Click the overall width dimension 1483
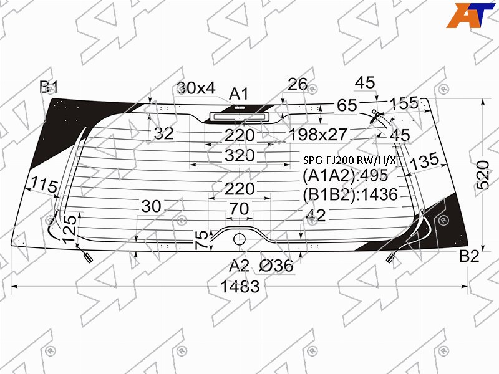240,286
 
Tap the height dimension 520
483,175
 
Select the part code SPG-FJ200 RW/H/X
349,160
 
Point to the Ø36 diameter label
276,266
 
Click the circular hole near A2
239,239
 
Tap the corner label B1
49,87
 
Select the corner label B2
469,256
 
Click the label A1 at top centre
239,94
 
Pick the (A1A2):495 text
346,175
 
